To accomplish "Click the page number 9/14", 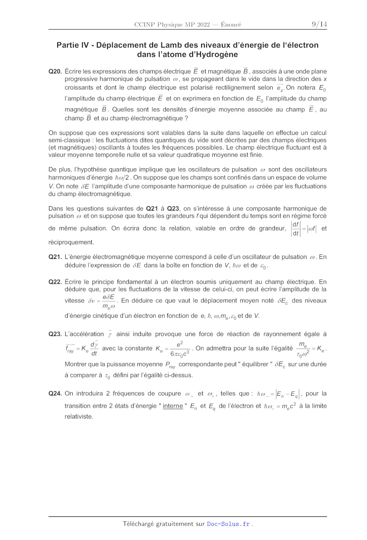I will click(319, 24).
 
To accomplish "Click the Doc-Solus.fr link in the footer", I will click(228, 524).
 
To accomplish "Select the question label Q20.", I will click(55, 71).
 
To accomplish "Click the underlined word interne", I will click(173, 406).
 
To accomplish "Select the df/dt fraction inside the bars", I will click(295, 229).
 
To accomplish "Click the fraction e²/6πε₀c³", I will click(180, 349).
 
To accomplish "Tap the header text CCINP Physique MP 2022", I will click(172, 25).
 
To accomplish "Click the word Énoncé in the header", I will click(231, 25).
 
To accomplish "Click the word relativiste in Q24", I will click(79, 416).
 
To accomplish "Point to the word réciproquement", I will click(71, 242).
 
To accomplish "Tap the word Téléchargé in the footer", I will click(138, 524).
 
